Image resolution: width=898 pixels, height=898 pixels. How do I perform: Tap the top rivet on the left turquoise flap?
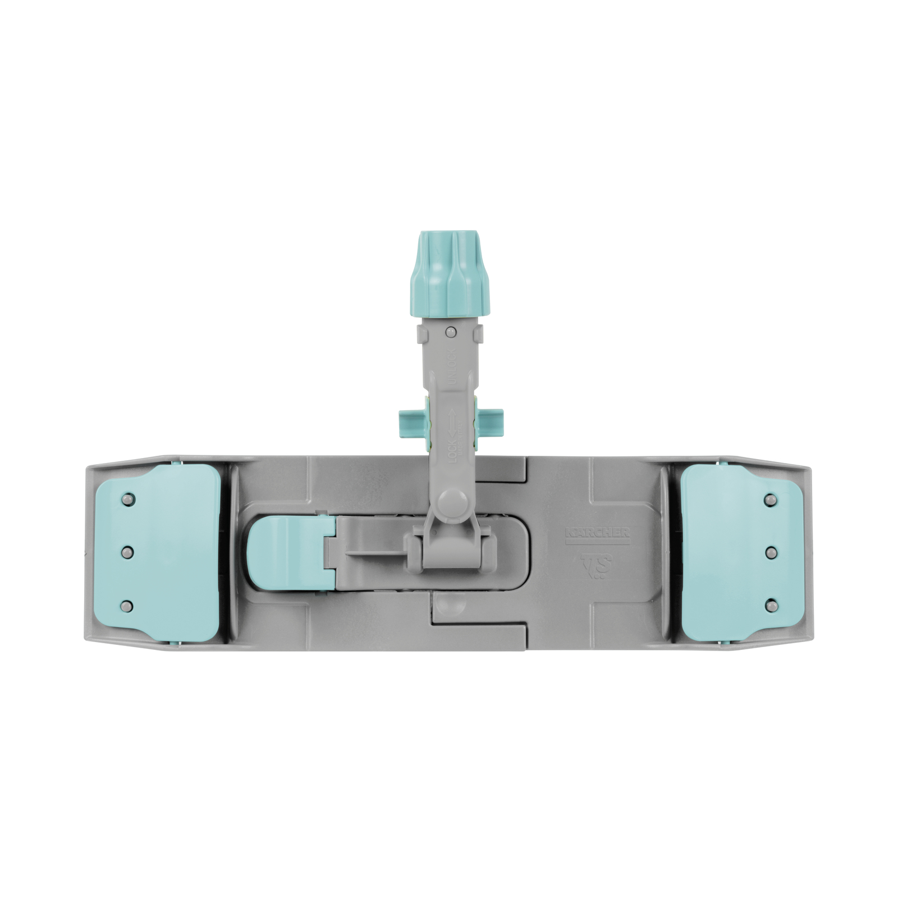128,499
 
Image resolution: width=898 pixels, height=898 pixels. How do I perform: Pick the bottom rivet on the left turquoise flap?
128,606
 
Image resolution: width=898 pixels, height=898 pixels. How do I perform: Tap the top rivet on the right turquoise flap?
771,499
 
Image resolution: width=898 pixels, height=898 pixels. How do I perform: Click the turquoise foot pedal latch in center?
286,553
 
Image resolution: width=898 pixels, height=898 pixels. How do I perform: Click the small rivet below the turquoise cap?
450,333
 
